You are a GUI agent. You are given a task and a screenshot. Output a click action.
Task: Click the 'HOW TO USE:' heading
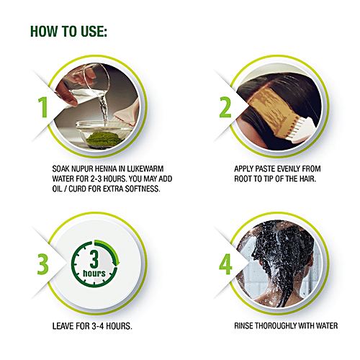[68, 31]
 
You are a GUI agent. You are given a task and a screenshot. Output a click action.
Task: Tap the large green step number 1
[42, 107]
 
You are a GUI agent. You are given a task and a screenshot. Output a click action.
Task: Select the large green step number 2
[225, 107]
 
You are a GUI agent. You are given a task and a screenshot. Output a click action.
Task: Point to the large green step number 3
[42, 264]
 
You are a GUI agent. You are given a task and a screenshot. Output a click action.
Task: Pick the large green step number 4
[225, 264]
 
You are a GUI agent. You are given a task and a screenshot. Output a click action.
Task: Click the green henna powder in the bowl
[104, 138]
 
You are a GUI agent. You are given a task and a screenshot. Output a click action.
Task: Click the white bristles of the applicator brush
[298, 130]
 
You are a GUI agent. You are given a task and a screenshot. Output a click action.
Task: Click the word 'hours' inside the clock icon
[94, 274]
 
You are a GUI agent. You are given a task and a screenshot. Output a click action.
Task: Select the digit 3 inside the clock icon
[94, 258]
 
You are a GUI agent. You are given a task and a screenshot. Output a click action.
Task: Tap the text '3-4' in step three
[98, 326]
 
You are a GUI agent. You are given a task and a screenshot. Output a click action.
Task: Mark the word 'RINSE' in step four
[243, 326]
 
